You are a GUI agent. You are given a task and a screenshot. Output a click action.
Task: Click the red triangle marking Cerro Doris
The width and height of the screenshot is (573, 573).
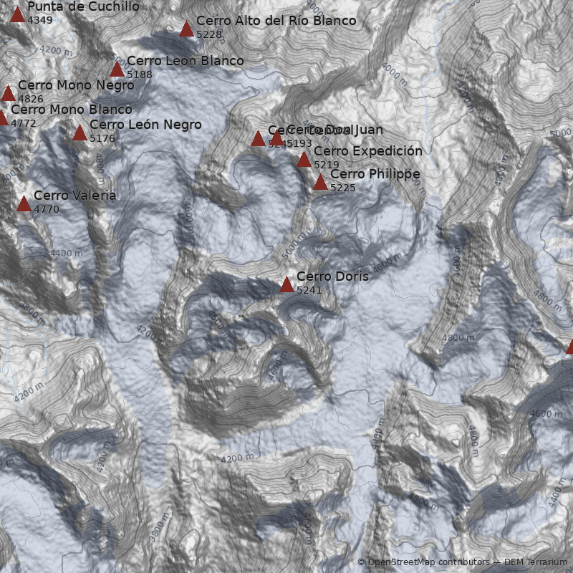click(x=287, y=285)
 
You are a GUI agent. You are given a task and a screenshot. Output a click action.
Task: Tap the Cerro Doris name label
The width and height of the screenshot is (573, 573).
click(x=332, y=276)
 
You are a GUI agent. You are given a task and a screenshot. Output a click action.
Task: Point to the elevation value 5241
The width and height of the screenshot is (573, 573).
click(x=309, y=290)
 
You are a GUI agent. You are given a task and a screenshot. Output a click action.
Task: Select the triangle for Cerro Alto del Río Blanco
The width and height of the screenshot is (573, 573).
click(x=187, y=29)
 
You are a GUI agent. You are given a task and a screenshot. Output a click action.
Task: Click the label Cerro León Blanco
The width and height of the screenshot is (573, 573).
click(x=185, y=61)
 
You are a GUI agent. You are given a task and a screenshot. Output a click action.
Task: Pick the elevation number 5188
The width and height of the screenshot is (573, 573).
click(x=139, y=74)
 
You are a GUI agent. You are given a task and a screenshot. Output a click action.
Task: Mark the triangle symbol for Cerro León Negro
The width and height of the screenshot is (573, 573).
click(x=80, y=133)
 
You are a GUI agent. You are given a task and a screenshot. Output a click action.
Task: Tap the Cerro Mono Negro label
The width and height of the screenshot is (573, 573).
click(x=76, y=85)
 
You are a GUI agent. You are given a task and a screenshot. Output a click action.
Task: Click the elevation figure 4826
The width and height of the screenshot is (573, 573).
click(x=31, y=99)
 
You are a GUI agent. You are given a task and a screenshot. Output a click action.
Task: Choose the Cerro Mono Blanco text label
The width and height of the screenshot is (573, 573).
click(x=72, y=110)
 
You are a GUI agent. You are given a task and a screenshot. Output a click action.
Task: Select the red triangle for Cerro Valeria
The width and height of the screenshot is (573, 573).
click(x=24, y=204)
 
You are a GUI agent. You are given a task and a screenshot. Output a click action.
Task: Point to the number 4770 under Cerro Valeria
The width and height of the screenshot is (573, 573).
click(x=46, y=209)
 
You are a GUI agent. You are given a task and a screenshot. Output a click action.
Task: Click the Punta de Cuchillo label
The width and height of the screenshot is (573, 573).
click(x=83, y=6)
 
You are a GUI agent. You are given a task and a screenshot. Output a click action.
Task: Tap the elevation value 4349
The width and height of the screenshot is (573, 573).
click(x=39, y=19)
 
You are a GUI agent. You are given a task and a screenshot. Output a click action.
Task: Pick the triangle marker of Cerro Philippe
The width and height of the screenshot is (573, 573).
click(x=321, y=183)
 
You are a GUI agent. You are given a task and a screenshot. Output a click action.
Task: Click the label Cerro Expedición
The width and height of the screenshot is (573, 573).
click(x=368, y=151)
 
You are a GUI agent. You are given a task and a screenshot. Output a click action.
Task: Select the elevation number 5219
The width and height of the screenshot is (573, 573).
click(x=326, y=165)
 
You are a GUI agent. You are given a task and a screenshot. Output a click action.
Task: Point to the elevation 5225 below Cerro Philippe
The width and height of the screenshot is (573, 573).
click(x=342, y=188)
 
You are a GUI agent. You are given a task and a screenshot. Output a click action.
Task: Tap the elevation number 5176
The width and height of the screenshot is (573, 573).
click(x=102, y=138)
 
